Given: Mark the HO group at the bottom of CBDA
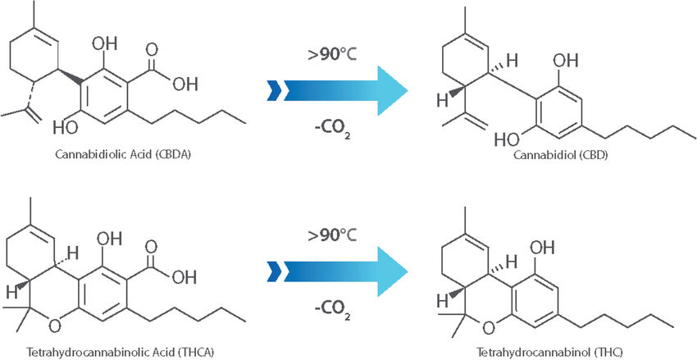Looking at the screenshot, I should (x=67, y=129).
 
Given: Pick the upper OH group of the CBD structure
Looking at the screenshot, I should (x=567, y=60).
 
